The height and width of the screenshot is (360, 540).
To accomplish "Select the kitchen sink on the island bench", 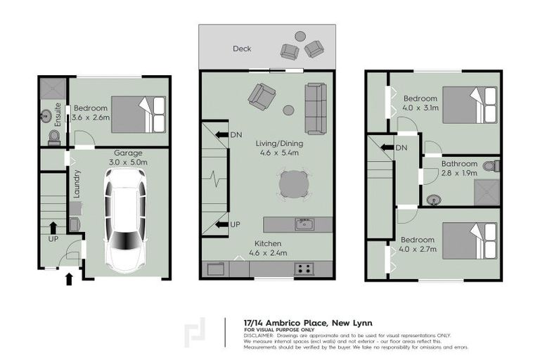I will coord(304,224).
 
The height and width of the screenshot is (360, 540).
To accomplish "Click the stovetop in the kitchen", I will coord(304,268).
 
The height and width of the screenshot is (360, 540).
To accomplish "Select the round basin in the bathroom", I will coord(434,200).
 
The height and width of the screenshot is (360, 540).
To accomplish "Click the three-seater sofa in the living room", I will coord(316,108).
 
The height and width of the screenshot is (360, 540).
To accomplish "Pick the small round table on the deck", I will coord(300,37).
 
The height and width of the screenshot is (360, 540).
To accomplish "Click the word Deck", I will coord(243,49).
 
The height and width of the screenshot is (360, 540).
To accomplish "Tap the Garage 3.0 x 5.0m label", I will coord(128,157).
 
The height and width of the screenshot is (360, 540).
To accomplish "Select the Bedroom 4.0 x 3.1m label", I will coord(420,103).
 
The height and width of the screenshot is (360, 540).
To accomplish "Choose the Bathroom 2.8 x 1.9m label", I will coord(459,168).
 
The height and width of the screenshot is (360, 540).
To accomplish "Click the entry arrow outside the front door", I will coord(68,279).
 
